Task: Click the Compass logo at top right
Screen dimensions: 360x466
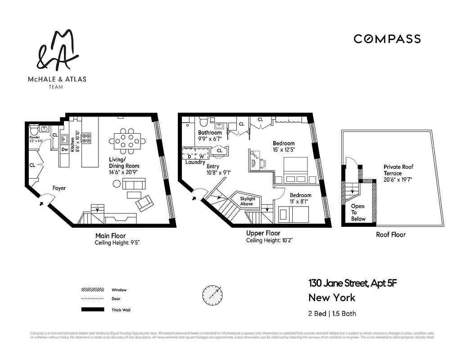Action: (387, 39)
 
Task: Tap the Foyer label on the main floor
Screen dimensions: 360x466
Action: (59, 188)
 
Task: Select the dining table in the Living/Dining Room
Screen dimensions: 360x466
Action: (130, 141)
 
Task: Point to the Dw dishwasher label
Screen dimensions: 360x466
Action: (64, 149)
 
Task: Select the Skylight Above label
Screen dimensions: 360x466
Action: (247, 201)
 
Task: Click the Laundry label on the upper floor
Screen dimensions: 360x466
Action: (195, 162)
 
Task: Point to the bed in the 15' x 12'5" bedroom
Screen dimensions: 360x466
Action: (295, 170)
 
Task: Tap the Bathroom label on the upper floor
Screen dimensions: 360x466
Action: (210, 133)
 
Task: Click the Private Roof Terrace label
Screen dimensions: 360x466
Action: (398, 170)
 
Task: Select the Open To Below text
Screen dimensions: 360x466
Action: (358, 212)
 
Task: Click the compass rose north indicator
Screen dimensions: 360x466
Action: (212, 295)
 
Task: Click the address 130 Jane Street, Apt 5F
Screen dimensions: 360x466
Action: (353, 283)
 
